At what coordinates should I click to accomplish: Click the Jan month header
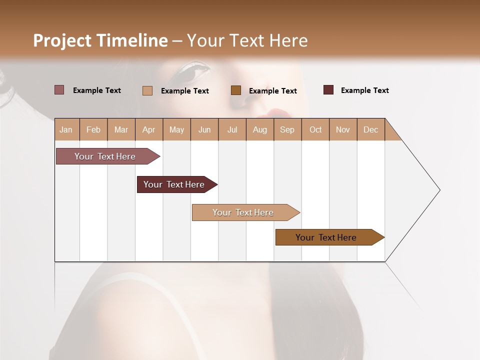66,129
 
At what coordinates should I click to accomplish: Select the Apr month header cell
149,129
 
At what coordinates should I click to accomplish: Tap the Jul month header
232,129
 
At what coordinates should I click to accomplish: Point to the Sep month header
287,129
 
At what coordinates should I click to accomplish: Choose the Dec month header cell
370,129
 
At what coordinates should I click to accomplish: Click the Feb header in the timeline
93,129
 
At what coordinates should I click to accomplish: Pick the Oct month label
315,129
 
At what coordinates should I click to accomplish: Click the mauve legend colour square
59,90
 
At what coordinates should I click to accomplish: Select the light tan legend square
147,90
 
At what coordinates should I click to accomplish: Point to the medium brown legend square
236,90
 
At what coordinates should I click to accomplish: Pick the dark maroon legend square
328,90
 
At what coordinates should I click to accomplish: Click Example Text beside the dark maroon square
364,90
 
